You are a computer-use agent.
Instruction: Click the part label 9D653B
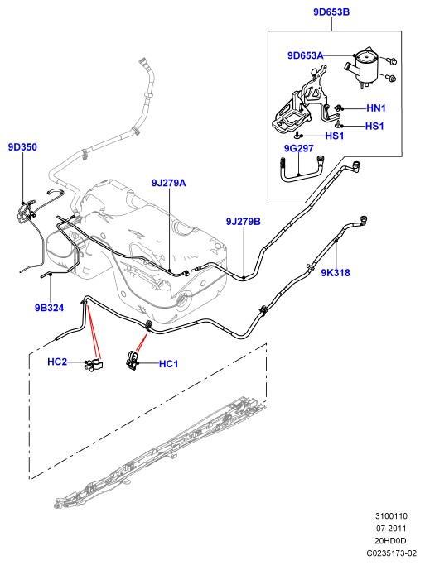(331, 12)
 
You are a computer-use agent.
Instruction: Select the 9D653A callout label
(305, 55)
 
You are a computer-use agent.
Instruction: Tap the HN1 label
(376, 108)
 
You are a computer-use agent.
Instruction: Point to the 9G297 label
(298, 148)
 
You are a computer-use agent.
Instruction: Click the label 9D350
(22, 147)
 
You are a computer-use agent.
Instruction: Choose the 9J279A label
(168, 183)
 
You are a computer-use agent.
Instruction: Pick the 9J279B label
(244, 221)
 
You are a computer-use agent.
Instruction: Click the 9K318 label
(336, 273)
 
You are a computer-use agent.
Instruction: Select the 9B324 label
(49, 308)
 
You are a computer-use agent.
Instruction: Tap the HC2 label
(57, 362)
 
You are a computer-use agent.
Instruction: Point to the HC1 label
(168, 364)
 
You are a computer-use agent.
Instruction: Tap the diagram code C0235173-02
(391, 553)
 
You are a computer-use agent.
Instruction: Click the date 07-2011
(391, 529)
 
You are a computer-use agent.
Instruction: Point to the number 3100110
(391, 516)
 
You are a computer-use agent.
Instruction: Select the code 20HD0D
(390, 541)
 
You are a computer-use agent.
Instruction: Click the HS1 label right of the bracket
(374, 126)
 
